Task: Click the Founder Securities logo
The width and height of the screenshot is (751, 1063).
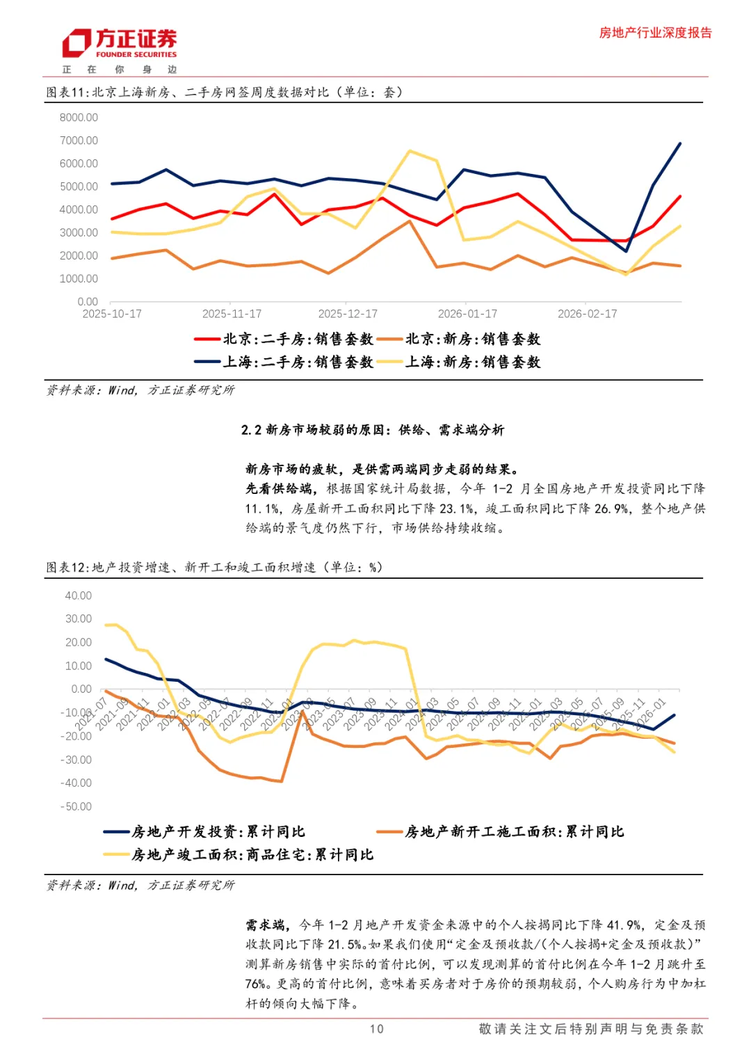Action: [x=119, y=45]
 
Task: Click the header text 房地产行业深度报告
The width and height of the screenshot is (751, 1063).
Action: [x=655, y=33]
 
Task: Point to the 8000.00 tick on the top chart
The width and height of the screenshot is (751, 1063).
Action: [x=79, y=118]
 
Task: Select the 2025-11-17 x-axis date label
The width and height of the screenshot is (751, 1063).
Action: [x=232, y=314]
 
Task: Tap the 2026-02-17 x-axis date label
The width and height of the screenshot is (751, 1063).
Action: [x=587, y=314]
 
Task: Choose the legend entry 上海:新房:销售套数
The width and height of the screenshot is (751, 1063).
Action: [x=473, y=362]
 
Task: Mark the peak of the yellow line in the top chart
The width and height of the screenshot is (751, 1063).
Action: [x=410, y=151]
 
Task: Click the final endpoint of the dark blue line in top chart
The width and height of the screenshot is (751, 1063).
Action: [x=680, y=143]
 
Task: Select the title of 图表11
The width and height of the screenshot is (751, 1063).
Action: [x=224, y=93]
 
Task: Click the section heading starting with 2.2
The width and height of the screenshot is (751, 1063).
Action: [x=373, y=430]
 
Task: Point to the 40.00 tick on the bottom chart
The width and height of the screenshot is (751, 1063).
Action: [x=78, y=596]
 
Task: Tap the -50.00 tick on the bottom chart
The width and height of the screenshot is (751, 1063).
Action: [x=76, y=806]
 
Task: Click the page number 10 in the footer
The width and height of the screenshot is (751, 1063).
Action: [x=376, y=1029]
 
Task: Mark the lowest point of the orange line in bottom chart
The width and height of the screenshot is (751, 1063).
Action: [x=280, y=781]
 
